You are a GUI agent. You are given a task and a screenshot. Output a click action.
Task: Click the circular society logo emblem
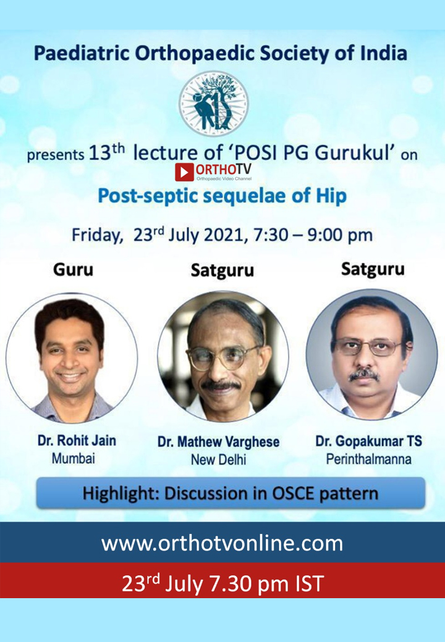pyautogui.click(x=213, y=104)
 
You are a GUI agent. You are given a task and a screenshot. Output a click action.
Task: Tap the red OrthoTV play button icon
pyautogui.click(x=184, y=172)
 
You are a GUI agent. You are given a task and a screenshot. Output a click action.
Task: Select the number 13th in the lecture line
pyautogui.click(x=106, y=152)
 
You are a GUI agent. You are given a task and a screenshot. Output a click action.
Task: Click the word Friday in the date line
pyautogui.click(x=97, y=235)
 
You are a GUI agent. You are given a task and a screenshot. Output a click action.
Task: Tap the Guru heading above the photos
pyautogui.click(x=74, y=270)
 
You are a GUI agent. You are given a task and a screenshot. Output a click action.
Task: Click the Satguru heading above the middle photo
pyautogui.click(x=222, y=270)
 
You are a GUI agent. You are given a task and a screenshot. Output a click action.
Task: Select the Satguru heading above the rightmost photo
pyautogui.click(x=373, y=269)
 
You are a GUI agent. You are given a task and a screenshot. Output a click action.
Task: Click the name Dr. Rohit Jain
pyautogui.click(x=77, y=441)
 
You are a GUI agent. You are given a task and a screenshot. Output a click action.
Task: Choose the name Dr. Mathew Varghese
pyautogui.click(x=218, y=442)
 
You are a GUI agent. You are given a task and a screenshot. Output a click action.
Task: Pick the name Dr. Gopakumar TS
pyautogui.click(x=368, y=441)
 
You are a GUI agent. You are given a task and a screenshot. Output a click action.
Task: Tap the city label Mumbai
pyautogui.click(x=74, y=458)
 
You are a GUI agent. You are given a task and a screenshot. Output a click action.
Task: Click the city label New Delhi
pyautogui.click(x=218, y=460)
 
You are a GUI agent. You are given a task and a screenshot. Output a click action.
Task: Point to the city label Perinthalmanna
pyautogui.click(x=369, y=459)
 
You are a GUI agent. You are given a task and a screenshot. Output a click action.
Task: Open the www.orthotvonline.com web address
pyautogui.click(x=222, y=543)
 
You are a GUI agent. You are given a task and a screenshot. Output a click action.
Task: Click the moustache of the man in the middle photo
pyautogui.click(x=221, y=385)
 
